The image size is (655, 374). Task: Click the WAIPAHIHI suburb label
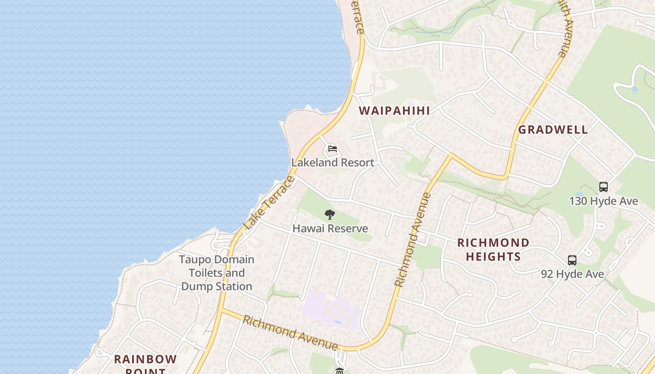coord(394,111)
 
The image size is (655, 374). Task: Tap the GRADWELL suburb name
coord(553,130)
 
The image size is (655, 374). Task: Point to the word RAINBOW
coord(146,360)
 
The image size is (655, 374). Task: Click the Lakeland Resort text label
coord(333,163)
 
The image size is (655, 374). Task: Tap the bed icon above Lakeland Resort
coord(333,149)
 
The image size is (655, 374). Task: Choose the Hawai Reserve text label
coord(330,229)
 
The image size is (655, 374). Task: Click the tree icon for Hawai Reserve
coord(330,215)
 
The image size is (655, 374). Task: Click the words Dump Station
coord(217,287)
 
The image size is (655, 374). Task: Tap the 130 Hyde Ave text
coord(604,201)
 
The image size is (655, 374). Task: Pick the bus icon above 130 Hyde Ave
coord(604,187)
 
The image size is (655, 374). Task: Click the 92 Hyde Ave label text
coord(573,274)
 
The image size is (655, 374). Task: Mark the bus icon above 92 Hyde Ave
coord(572,260)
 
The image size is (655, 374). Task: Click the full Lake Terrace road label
coord(269,203)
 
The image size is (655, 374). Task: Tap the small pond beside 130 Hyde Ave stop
coord(580,194)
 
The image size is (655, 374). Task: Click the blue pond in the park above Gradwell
coord(635,89)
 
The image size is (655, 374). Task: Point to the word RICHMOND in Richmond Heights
coord(493,243)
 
